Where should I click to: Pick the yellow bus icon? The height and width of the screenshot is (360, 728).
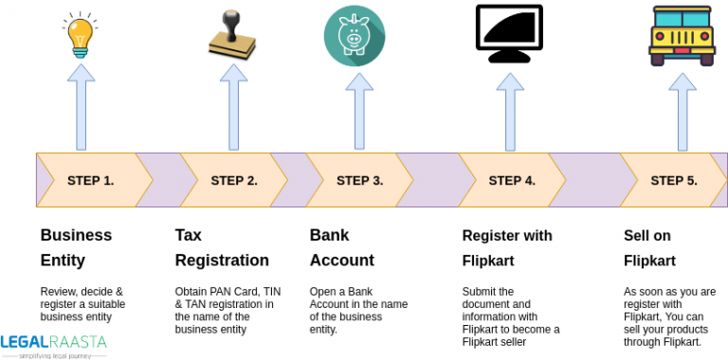[682, 36]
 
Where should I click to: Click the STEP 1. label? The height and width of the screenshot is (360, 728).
[90, 180]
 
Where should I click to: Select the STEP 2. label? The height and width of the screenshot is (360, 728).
[234, 180]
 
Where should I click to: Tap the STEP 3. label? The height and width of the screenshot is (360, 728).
[359, 180]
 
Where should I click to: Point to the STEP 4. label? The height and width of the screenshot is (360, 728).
[512, 180]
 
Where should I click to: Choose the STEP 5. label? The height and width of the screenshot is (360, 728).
[674, 180]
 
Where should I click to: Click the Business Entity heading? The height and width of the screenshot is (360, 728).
[76, 247]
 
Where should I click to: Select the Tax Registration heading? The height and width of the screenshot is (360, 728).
[222, 247]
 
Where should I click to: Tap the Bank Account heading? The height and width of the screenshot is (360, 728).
[342, 247]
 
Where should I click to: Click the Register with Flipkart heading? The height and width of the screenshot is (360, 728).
[507, 247]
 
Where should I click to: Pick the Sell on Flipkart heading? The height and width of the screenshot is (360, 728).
[649, 247]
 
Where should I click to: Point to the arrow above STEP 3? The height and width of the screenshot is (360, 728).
[358, 112]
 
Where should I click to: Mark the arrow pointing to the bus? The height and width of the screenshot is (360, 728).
[682, 112]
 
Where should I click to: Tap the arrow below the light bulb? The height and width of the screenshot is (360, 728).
[81, 112]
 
